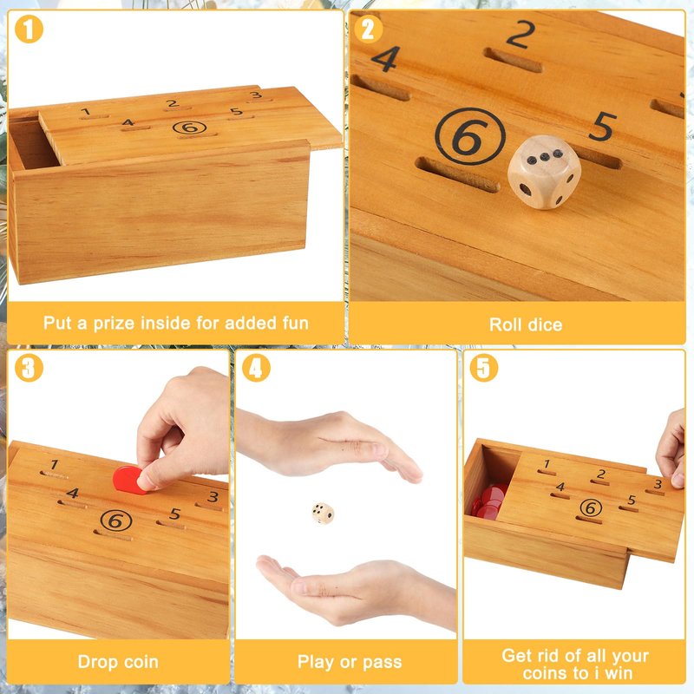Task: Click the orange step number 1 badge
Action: [29, 29]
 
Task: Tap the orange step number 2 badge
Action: [368, 29]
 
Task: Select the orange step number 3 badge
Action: [29, 368]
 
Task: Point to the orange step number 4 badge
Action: [256, 368]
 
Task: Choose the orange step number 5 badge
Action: [484, 368]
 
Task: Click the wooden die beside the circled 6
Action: [544, 172]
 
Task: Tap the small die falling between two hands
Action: [323, 514]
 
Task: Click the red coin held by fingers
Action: [129, 481]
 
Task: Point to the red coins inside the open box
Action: [489, 501]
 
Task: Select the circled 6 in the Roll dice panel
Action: [470, 136]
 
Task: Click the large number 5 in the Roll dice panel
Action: [603, 127]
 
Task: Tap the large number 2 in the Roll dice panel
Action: [521, 35]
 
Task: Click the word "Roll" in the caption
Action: [504, 324]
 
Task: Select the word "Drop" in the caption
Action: [96, 662]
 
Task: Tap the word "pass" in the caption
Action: [383, 663]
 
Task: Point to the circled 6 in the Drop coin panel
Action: [116, 520]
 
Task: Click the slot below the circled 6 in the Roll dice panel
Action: [458, 175]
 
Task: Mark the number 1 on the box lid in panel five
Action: [547, 463]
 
